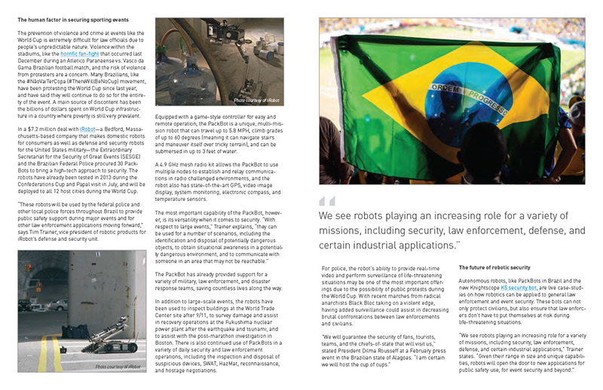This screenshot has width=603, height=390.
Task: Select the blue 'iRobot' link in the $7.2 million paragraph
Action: (x=88, y=129)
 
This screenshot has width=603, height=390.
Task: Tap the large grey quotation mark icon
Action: (x=326, y=201)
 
